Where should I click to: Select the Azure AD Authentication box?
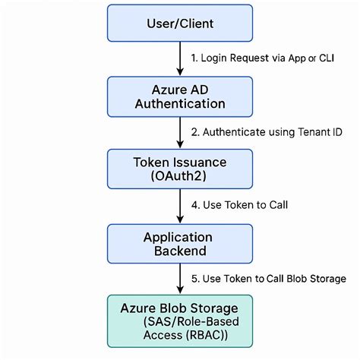coord(180,94)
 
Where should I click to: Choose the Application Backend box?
coord(180,244)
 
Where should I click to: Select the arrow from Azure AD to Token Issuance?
coord(181,131)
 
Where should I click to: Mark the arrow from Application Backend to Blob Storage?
coord(181,280)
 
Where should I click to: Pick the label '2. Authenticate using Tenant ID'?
coord(261,131)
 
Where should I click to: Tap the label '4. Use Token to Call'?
coord(237,204)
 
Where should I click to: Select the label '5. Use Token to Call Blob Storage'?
coord(268,278)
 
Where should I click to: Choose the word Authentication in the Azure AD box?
coord(180,103)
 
